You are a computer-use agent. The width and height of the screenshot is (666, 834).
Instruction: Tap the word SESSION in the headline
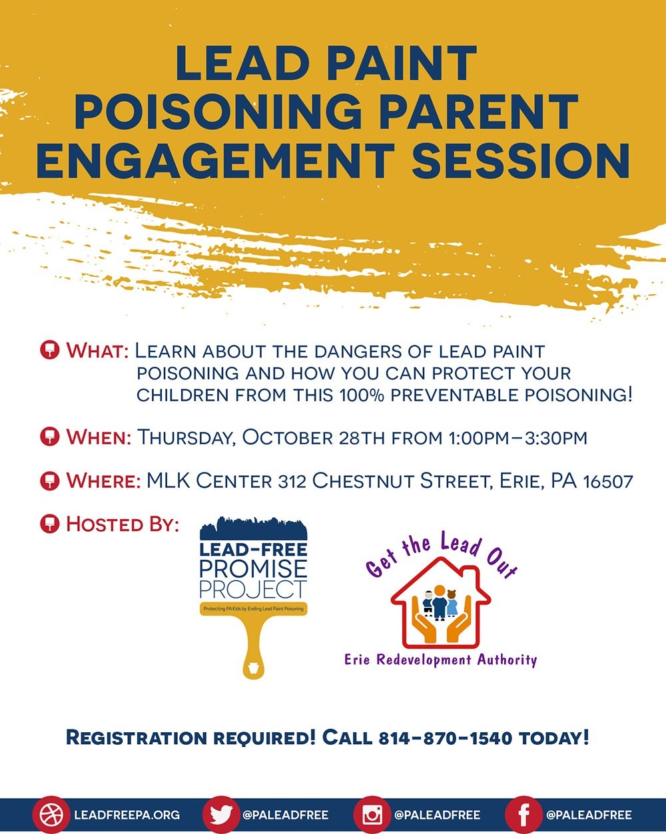(x=521, y=160)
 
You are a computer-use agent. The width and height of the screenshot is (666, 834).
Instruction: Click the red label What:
(x=97, y=351)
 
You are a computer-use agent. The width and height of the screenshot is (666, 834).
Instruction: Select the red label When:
(x=99, y=437)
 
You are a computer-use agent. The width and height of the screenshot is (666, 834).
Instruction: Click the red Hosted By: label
(x=123, y=524)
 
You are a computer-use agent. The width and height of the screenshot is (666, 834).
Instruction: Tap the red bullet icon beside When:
(x=50, y=437)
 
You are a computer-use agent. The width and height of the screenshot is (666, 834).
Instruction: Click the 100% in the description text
(x=362, y=395)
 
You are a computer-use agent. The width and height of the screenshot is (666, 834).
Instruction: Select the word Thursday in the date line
(x=186, y=437)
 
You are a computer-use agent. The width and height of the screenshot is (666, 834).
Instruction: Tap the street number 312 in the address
(x=292, y=481)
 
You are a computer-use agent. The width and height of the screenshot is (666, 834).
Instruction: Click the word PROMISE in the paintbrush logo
(x=253, y=568)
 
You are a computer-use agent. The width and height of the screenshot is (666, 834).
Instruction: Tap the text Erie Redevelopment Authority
(x=441, y=660)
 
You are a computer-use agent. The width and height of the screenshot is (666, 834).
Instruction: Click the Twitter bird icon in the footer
(x=222, y=815)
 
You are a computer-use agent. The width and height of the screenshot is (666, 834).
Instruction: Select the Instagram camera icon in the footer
(x=372, y=815)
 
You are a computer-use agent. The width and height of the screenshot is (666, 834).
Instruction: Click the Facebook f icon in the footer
(x=523, y=815)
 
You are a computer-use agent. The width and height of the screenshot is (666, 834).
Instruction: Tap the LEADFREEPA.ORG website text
(x=127, y=815)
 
